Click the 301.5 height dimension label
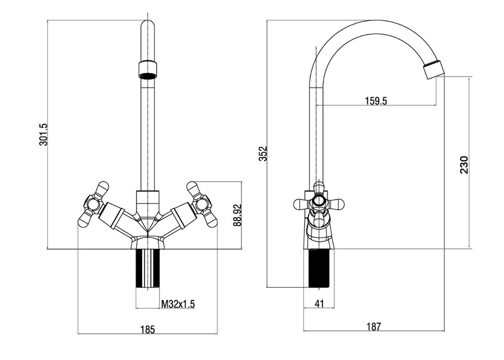(43, 135)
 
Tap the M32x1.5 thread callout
(178, 304)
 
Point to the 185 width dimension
(147, 330)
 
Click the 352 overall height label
(263, 154)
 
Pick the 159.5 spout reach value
(375, 101)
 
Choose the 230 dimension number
(464, 165)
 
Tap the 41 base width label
(319, 304)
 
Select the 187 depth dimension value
(373, 327)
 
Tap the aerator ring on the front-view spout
(147, 69)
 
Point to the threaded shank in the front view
(148, 268)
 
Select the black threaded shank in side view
(319, 268)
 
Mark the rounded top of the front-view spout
(147, 28)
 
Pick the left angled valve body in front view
(117, 216)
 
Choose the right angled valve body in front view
(177, 216)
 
